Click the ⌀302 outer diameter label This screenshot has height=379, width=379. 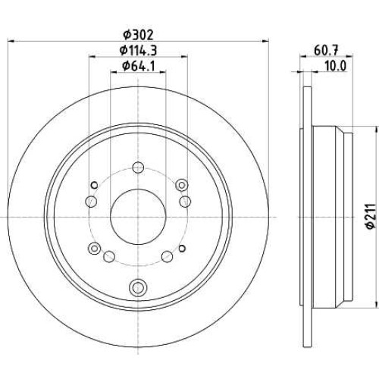tap(138, 36)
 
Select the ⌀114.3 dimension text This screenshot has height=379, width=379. tap(138, 50)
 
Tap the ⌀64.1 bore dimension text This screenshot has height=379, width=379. tap(138, 66)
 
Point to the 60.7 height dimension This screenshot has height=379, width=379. tap(326, 50)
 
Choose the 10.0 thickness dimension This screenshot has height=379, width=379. tap(335, 66)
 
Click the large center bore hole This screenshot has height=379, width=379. tap(138, 217)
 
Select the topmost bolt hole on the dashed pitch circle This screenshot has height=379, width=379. tap(138, 168)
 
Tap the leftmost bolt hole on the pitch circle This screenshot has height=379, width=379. tap(91, 202)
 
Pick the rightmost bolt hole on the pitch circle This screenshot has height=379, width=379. tap(185, 202)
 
